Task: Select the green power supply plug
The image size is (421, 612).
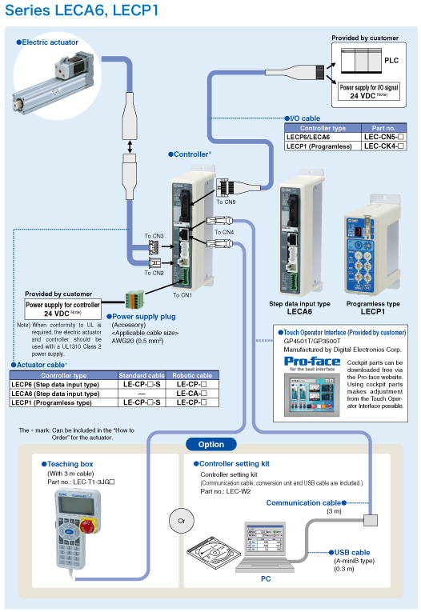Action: (x=134, y=298)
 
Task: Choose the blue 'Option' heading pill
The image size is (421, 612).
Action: (x=210, y=444)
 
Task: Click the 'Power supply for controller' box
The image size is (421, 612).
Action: (x=63, y=304)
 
